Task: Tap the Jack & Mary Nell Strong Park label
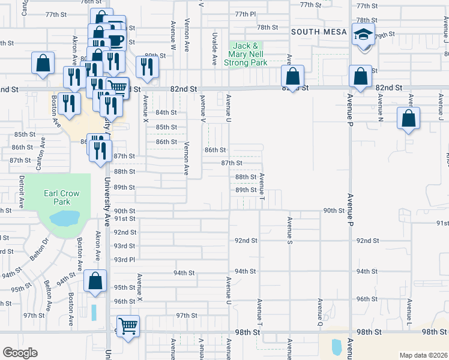point(246,54)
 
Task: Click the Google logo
point(20,353)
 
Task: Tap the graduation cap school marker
point(363,35)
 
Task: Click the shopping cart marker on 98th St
point(127,326)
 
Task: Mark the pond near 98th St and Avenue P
point(336,346)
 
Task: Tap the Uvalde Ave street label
point(214,52)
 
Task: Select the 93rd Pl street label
point(125,259)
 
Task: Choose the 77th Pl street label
point(246,14)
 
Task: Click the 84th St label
point(166,112)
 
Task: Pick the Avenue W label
point(173,34)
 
